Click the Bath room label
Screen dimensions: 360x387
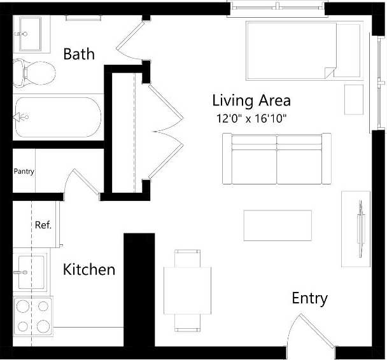(x=79, y=53)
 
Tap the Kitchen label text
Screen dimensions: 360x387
(x=89, y=270)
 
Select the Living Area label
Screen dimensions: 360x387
(x=251, y=100)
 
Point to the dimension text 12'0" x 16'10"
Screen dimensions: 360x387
(x=253, y=118)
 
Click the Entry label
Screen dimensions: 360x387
(x=309, y=298)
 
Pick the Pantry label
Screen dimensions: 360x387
(x=24, y=171)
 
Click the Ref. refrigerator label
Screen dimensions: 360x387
(x=43, y=225)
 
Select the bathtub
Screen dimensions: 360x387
(x=57, y=118)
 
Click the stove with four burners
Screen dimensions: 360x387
(x=33, y=316)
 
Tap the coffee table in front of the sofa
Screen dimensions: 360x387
(x=278, y=225)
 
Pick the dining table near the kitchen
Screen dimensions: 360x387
(x=188, y=290)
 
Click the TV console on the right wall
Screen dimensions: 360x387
(x=356, y=228)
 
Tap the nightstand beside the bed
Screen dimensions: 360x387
(x=353, y=99)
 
